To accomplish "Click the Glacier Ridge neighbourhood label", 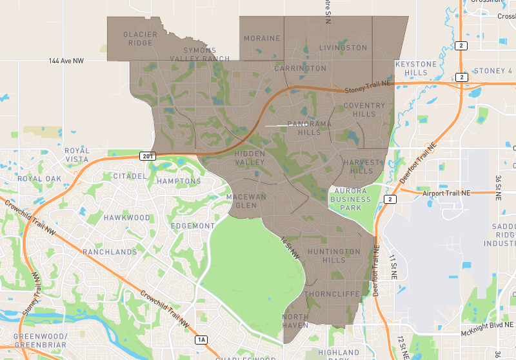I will click(x=138, y=39).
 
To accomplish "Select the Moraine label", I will click(x=262, y=39).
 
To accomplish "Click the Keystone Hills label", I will click(x=415, y=68).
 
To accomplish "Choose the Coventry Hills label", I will click(x=368, y=110).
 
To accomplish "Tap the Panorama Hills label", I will click(x=304, y=128).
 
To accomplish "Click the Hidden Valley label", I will click(x=250, y=159).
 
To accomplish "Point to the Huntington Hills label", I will click(x=334, y=255).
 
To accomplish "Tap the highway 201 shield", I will click(x=146, y=156).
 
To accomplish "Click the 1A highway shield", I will click(x=201, y=339).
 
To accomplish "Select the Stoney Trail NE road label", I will click(x=368, y=87).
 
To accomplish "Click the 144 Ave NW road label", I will click(x=66, y=61).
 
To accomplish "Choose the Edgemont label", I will click(x=193, y=226).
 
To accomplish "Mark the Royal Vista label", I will click(x=77, y=155).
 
